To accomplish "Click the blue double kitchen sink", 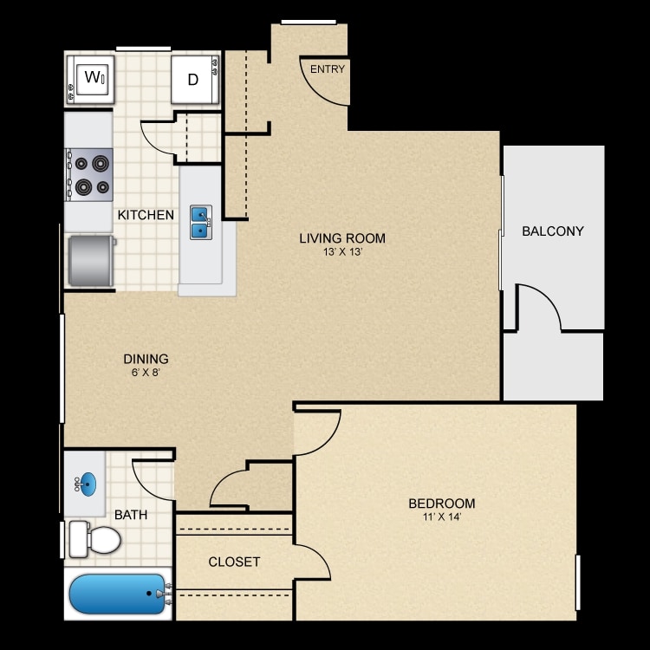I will click(x=200, y=222).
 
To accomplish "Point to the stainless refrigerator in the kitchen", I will click(x=91, y=260).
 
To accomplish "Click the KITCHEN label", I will click(x=146, y=215).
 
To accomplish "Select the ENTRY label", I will click(x=327, y=69).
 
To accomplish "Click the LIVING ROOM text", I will click(x=342, y=238).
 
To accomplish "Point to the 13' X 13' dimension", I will click(x=342, y=252).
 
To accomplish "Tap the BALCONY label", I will click(x=553, y=231).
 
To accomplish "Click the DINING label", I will click(x=145, y=359).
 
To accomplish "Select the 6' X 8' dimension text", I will click(x=145, y=373).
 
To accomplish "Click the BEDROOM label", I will click(x=441, y=504).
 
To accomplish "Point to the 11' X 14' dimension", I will click(x=441, y=517).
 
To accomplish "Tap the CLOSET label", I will click(x=234, y=562).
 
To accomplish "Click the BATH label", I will click(x=131, y=515).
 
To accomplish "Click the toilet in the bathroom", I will click(x=95, y=539).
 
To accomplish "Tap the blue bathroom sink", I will click(x=88, y=484).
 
